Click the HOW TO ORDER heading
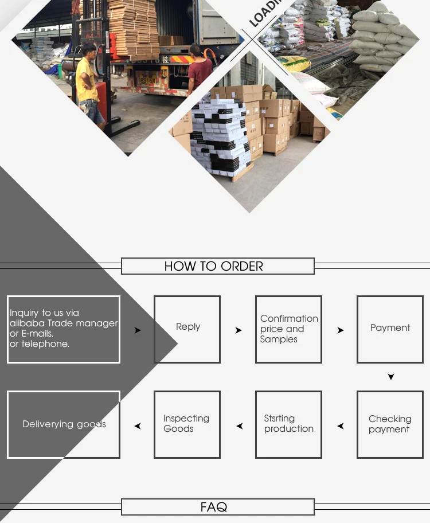click(214, 266)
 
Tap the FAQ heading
click(214, 507)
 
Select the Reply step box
click(187, 329)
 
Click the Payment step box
click(390, 329)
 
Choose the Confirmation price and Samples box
click(288, 329)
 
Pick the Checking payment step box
click(390, 424)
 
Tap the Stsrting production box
click(288, 424)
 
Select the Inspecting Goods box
click(187, 424)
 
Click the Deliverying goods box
click(64, 424)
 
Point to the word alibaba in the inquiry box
click(26, 323)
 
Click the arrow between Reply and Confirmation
click(239, 330)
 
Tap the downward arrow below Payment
click(391, 377)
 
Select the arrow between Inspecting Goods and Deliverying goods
click(138, 426)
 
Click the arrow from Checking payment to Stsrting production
click(341, 426)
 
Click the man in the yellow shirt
click(88, 83)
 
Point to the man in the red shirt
click(200, 72)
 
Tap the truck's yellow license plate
click(148, 81)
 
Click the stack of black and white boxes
click(220, 138)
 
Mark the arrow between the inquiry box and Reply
click(138, 330)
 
